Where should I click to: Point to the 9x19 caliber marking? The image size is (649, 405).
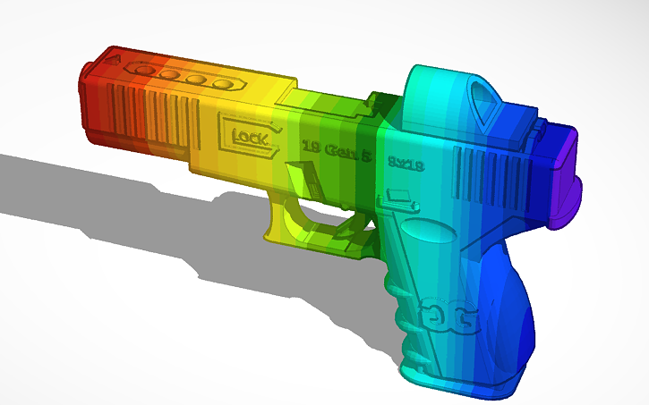pyautogui.click(x=406, y=162)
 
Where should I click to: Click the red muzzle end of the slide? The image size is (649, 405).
pyautogui.click(x=94, y=103)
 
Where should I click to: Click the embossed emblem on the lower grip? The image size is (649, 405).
pyautogui.click(x=457, y=315)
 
